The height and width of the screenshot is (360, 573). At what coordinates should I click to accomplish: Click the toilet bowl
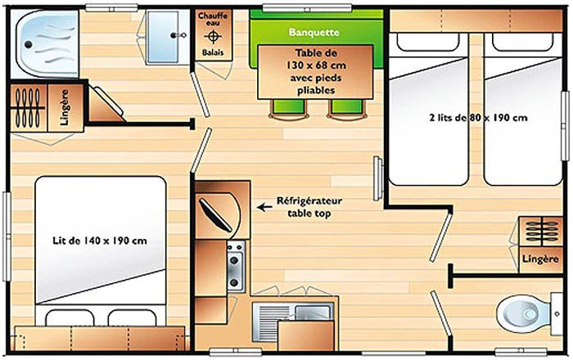[x=523, y=314]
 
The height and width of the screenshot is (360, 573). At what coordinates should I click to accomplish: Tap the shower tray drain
[x=28, y=44]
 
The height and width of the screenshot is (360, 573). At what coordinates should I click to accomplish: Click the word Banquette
[x=314, y=32]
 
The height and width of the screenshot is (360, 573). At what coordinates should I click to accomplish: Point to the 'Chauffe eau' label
[x=213, y=19]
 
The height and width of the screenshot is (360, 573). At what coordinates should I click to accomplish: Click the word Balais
[x=213, y=52]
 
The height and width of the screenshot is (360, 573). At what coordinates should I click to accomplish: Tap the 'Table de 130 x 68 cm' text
[x=316, y=59]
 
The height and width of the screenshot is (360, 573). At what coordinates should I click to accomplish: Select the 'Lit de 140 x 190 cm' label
[x=100, y=241]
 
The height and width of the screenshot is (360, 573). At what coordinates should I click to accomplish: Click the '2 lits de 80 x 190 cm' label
[x=478, y=118]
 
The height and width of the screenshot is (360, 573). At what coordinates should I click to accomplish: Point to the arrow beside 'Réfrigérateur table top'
[x=264, y=207]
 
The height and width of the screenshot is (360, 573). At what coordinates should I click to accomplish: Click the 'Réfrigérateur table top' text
[x=309, y=207]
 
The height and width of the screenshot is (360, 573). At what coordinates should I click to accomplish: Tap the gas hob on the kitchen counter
[x=236, y=266]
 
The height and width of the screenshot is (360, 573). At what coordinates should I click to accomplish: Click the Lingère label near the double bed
[x=65, y=108]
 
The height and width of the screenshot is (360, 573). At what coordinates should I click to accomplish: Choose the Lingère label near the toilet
[x=540, y=259]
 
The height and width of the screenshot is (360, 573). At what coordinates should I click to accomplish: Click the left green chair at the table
[x=289, y=109]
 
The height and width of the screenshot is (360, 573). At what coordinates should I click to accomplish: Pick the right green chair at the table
[x=347, y=109]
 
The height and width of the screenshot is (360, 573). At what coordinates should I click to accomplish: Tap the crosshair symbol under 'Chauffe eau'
[x=213, y=37]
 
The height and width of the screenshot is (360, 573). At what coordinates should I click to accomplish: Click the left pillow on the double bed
[x=70, y=318]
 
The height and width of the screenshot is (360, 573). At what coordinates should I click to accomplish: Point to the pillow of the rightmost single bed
[x=522, y=42]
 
